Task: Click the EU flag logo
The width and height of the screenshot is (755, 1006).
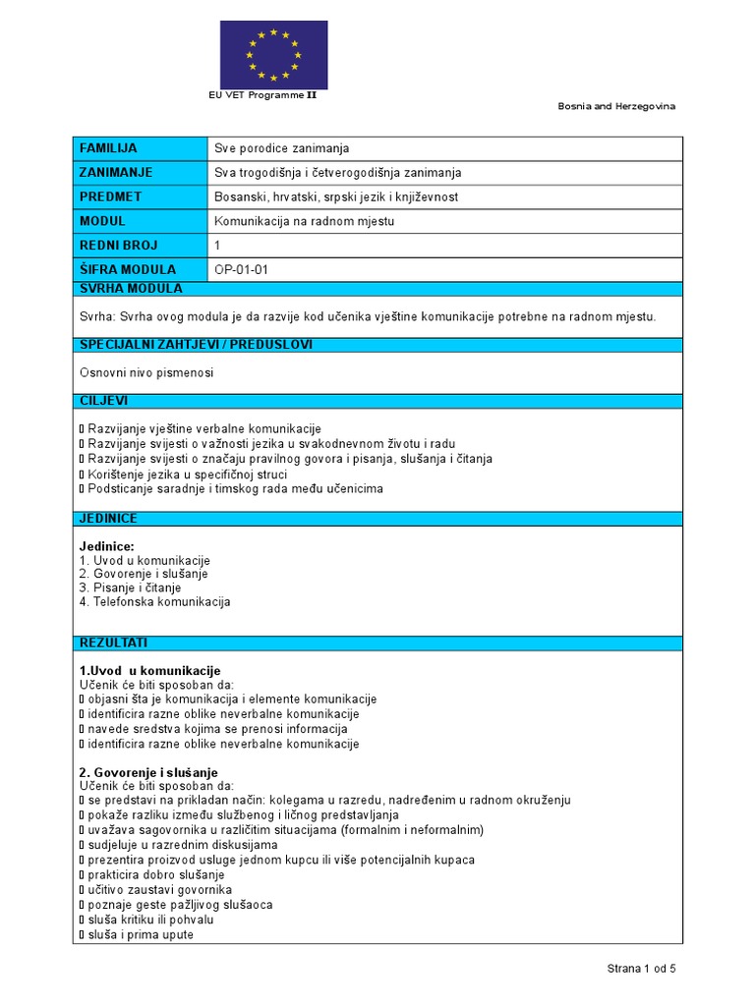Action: (x=273, y=55)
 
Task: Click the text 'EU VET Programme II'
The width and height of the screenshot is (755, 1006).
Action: (x=261, y=95)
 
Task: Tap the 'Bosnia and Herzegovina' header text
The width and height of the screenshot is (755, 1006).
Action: (x=616, y=106)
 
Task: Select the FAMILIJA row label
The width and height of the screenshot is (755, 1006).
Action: (x=109, y=148)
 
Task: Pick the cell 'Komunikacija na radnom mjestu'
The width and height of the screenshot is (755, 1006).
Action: (x=304, y=221)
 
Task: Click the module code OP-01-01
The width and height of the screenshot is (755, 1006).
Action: (x=241, y=269)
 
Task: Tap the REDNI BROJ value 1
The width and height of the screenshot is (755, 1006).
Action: (x=218, y=245)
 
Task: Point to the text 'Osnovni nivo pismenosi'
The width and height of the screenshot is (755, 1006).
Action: (x=145, y=373)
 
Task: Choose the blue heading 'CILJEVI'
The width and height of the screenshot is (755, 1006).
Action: (x=103, y=401)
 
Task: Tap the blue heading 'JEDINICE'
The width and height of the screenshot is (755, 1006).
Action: (x=108, y=519)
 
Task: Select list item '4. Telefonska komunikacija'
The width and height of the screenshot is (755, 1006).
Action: (x=154, y=601)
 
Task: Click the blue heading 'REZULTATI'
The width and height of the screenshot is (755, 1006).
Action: (x=113, y=643)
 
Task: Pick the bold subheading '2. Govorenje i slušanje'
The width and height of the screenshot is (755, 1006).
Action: (x=147, y=772)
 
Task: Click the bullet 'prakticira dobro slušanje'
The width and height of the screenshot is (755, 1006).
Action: (x=155, y=874)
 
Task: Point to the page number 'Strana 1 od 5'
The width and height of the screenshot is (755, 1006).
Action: (x=641, y=969)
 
